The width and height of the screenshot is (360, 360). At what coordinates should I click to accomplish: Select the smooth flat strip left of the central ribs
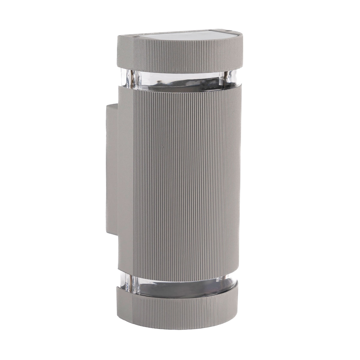point(126,176)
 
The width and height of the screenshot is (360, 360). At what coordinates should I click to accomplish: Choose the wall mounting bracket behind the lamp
point(111,169)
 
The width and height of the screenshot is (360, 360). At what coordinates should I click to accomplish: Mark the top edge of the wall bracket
point(112,104)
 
